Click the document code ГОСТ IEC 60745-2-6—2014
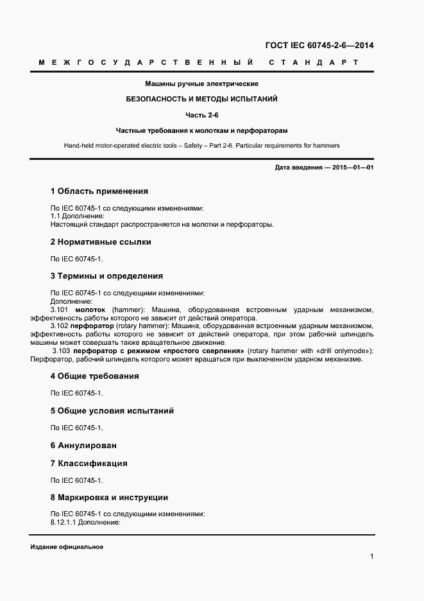pos(319,46)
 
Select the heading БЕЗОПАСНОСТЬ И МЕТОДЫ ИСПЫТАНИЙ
pos(201,100)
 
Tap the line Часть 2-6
pos(201,115)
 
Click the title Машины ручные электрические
pos(201,84)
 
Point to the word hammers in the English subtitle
pos(326,146)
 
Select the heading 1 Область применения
pos(99,191)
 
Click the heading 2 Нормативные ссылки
pos(100,242)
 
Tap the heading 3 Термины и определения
pos(106,276)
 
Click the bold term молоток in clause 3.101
pos(90,309)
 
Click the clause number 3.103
pos(62,351)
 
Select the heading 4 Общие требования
pos(94,376)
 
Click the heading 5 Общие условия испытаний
pos(112,411)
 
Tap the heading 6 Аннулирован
pos(83,445)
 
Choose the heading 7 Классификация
pos(89,463)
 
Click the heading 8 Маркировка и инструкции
pos(109,498)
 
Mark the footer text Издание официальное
pos(67,546)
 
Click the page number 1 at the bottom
pos(371,556)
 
